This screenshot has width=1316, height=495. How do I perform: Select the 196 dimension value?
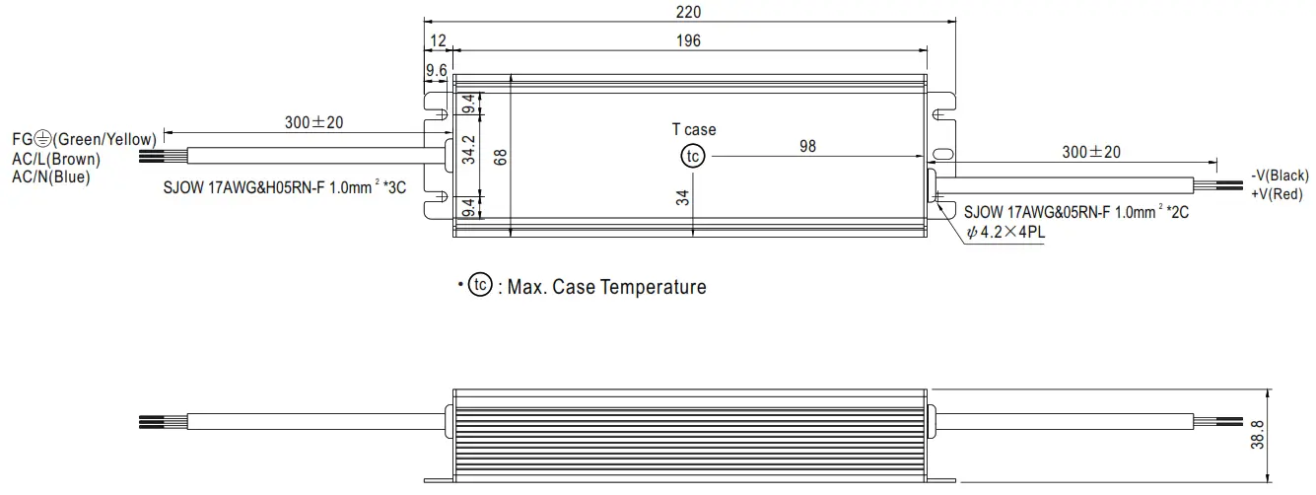pyautogui.click(x=688, y=40)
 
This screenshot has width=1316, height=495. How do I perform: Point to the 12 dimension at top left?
pyautogui.click(x=439, y=40)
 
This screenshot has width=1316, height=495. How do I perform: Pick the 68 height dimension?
pyautogui.click(x=501, y=156)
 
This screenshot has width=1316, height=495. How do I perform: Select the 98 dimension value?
pyautogui.click(x=807, y=146)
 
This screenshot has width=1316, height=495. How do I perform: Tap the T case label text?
pyautogui.click(x=694, y=130)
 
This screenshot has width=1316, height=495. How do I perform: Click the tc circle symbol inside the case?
pyautogui.click(x=693, y=156)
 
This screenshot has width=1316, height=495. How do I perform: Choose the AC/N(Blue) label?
pyautogui.click(x=50, y=177)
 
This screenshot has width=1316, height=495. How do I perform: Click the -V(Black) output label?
pyautogui.click(x=1280, y=176)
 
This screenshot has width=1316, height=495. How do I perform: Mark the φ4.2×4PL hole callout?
pyautogui.click(x=1006, y=235)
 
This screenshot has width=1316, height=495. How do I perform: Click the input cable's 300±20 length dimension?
pyautogui.click(x=314, y=123)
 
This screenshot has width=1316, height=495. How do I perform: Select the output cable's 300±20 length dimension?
pyautogui.click(x=1091, y=152)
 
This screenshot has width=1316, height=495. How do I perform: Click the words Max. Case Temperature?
pyautogui.click(x=606, y=287)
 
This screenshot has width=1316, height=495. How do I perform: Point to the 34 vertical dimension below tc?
pyautogui.click(x=682, y=196)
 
